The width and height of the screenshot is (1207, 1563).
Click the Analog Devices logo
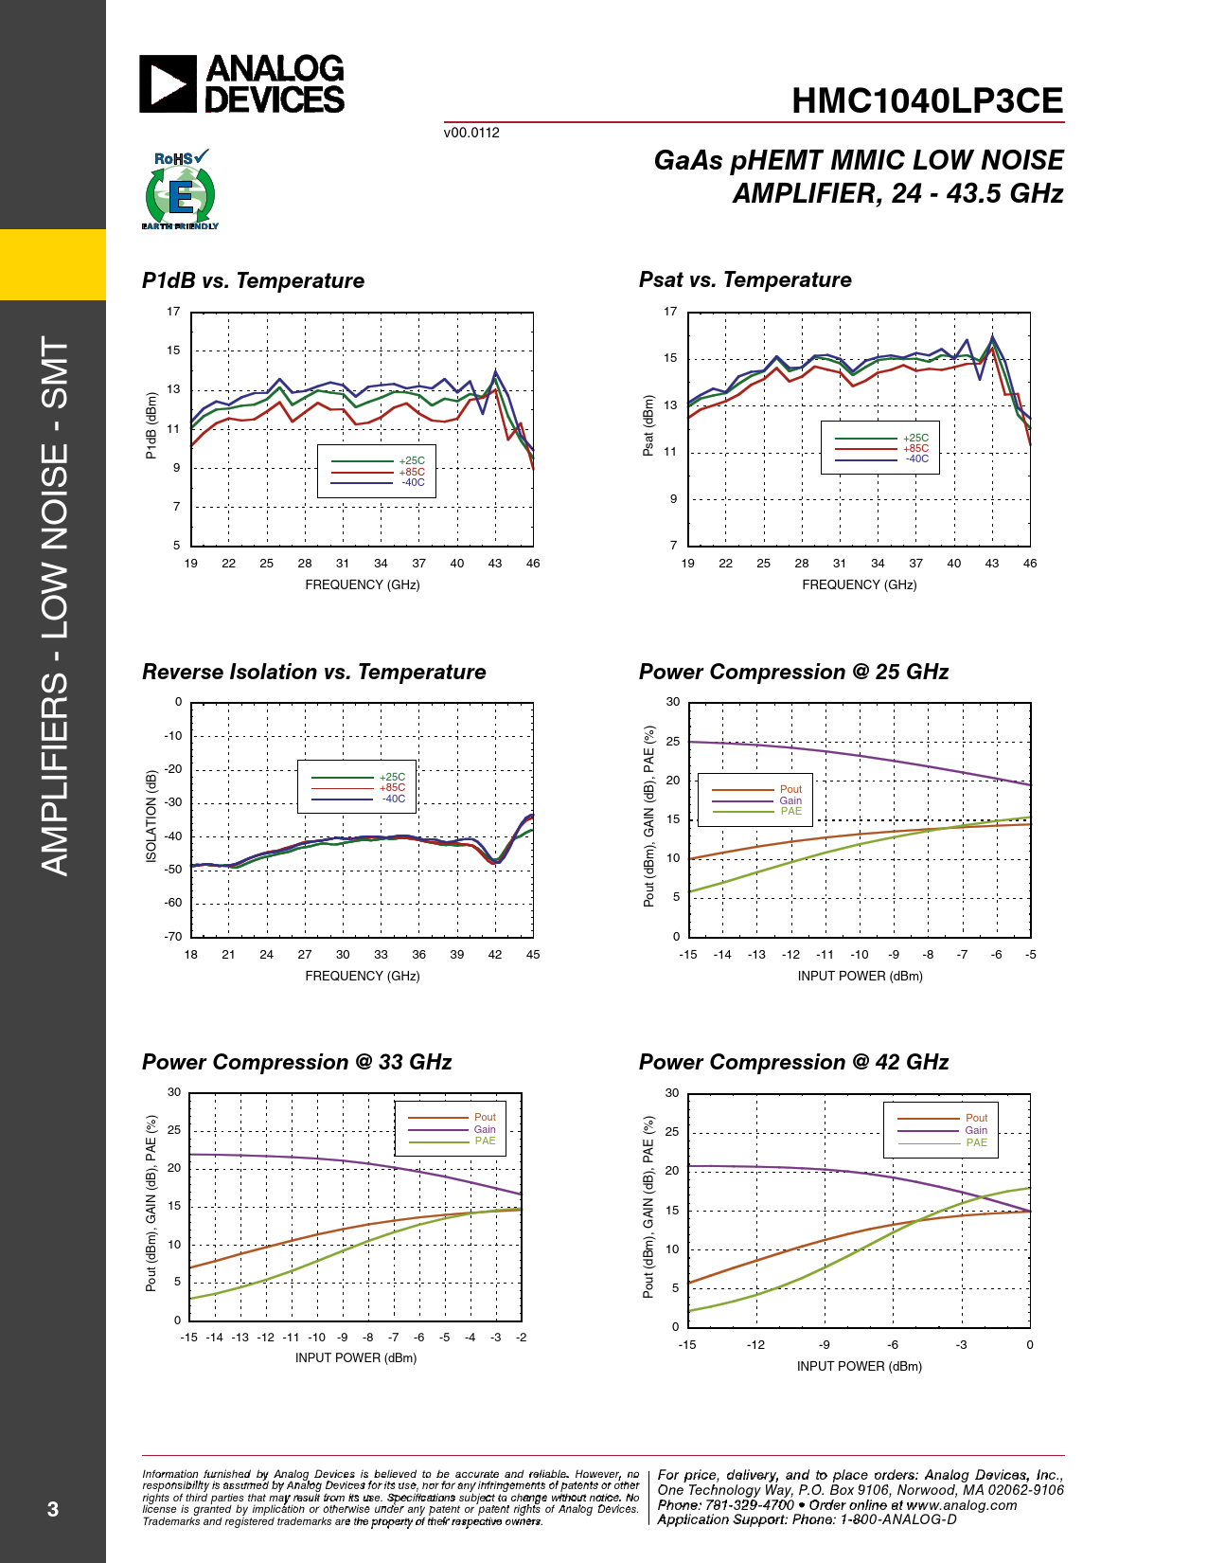(241, 83)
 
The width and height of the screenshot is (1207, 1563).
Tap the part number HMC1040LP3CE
(927, 101)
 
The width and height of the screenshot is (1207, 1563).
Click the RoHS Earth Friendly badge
(180, 190)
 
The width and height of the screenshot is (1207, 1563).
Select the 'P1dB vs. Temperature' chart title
(253, 281)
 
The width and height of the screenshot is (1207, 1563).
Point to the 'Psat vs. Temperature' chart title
(745, 280)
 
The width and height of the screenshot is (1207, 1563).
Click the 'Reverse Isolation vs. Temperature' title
(313, 673)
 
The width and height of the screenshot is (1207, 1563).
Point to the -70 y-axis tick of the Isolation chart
(173, 937)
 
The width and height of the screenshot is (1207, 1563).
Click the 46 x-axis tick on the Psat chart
(1030, 564)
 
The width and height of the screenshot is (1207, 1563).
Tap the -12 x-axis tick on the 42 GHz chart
(755, 1345)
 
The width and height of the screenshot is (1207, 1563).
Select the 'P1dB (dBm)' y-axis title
(151, 426)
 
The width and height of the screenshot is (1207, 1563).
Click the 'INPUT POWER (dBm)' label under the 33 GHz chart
(356, 1358)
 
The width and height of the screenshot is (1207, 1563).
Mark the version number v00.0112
(471, 133)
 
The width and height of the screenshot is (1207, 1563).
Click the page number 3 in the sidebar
(53, 1510)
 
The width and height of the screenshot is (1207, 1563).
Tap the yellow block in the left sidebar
(53, 264)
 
